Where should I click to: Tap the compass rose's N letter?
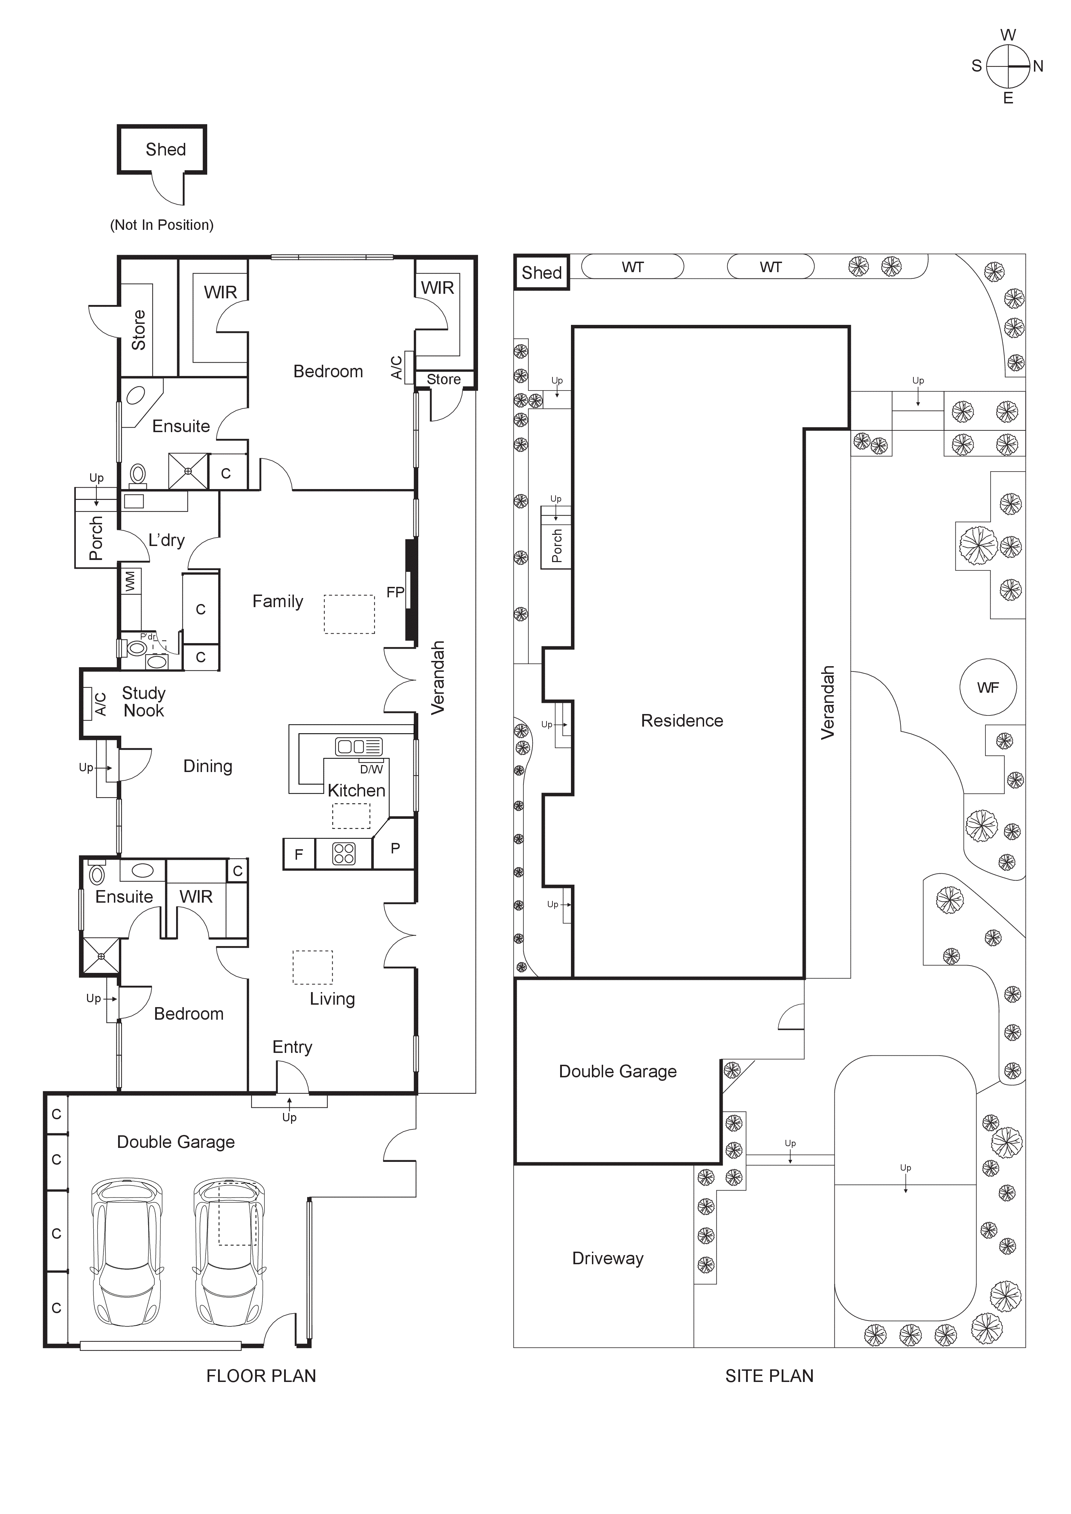pos(1038,66)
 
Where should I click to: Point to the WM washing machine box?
pos(131,581)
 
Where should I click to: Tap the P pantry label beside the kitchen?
pos(395,848)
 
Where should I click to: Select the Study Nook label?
pos(144,701)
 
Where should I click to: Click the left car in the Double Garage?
pos(126,1253)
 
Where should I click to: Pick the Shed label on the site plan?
pos(541,272)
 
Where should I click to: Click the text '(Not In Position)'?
pos(161,225)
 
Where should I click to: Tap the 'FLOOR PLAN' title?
pos(261,1376)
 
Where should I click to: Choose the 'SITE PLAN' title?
pos(769,1376)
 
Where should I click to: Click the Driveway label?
pos(607,1258)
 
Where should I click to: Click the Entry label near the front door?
pos(292,1047)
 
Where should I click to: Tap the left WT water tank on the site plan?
pos(632,267)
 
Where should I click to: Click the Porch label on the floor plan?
pos(96,538)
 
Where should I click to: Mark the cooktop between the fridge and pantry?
pos(343,853)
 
